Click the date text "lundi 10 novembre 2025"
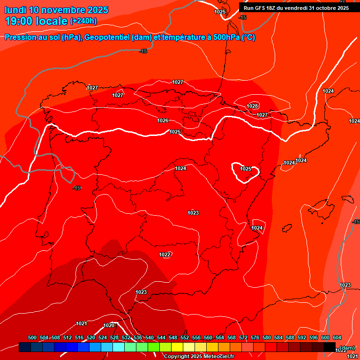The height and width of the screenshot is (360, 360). [x=56, y=10]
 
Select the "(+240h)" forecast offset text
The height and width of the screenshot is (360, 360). [x=83, y=21]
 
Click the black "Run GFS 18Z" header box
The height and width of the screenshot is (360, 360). [x=296, y=8]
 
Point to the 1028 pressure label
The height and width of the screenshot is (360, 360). [x=252, y=106]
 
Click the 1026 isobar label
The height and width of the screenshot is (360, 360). [x=163, y=120]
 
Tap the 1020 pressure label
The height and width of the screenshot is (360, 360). [x=109, y=325]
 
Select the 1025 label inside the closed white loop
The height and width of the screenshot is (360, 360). [x=246, y=169]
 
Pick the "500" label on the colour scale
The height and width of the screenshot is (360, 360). [x=32, y=337]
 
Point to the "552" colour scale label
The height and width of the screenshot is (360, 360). [x=185, y=337]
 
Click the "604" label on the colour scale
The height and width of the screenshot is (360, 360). [x=337, y=337]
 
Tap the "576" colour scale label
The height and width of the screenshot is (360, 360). [x=255, y=337]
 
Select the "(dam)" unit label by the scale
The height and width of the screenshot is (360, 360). [x=347, y=348]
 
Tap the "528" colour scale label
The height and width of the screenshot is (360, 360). [x=114, y=337]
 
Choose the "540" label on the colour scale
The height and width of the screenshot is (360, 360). [x=150, y=337]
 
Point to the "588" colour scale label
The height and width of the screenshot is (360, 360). [x=290, y=337]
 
